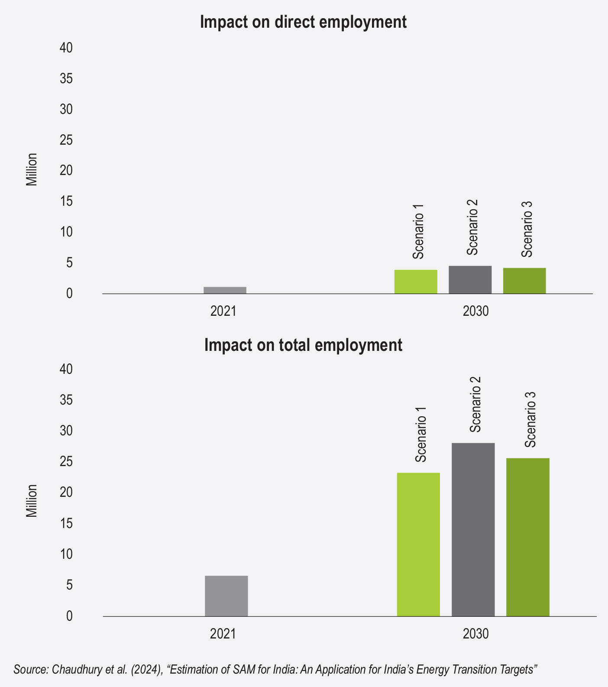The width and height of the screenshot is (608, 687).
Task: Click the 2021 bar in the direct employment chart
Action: pos(225,290)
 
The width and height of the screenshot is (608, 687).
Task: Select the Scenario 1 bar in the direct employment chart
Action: pos(416,282)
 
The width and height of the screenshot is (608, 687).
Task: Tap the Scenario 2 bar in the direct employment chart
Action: pos(470,280)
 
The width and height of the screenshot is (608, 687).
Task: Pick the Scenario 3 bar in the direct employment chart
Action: pos(524,281)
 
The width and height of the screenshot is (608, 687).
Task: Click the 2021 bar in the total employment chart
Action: pos(226,596)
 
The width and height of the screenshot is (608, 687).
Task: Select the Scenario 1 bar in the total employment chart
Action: pos(418,544)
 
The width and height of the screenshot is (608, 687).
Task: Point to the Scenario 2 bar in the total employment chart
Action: pos(473,529)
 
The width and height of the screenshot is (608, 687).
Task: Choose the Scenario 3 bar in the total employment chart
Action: pos(527,537)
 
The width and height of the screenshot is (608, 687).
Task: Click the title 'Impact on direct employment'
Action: pos(303,22)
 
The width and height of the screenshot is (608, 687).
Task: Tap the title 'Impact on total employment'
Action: pos(303,345)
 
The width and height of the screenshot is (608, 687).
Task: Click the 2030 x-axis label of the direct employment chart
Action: pos(475,311)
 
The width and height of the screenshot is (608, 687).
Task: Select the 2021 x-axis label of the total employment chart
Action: pos(223,634)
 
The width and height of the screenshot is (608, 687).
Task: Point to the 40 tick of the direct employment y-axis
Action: pos(66,48)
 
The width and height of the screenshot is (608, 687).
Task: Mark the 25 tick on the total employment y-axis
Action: pos(66,462)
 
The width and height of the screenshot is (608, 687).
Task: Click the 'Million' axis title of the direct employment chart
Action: pos(32,170)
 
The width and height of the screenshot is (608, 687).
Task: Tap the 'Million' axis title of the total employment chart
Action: pos(32,501)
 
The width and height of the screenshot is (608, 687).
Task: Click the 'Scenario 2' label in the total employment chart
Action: pos(475,405)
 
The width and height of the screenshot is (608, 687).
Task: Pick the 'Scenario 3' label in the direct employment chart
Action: pos(526,230)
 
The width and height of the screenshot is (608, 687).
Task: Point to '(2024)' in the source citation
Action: pos(148,669)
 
